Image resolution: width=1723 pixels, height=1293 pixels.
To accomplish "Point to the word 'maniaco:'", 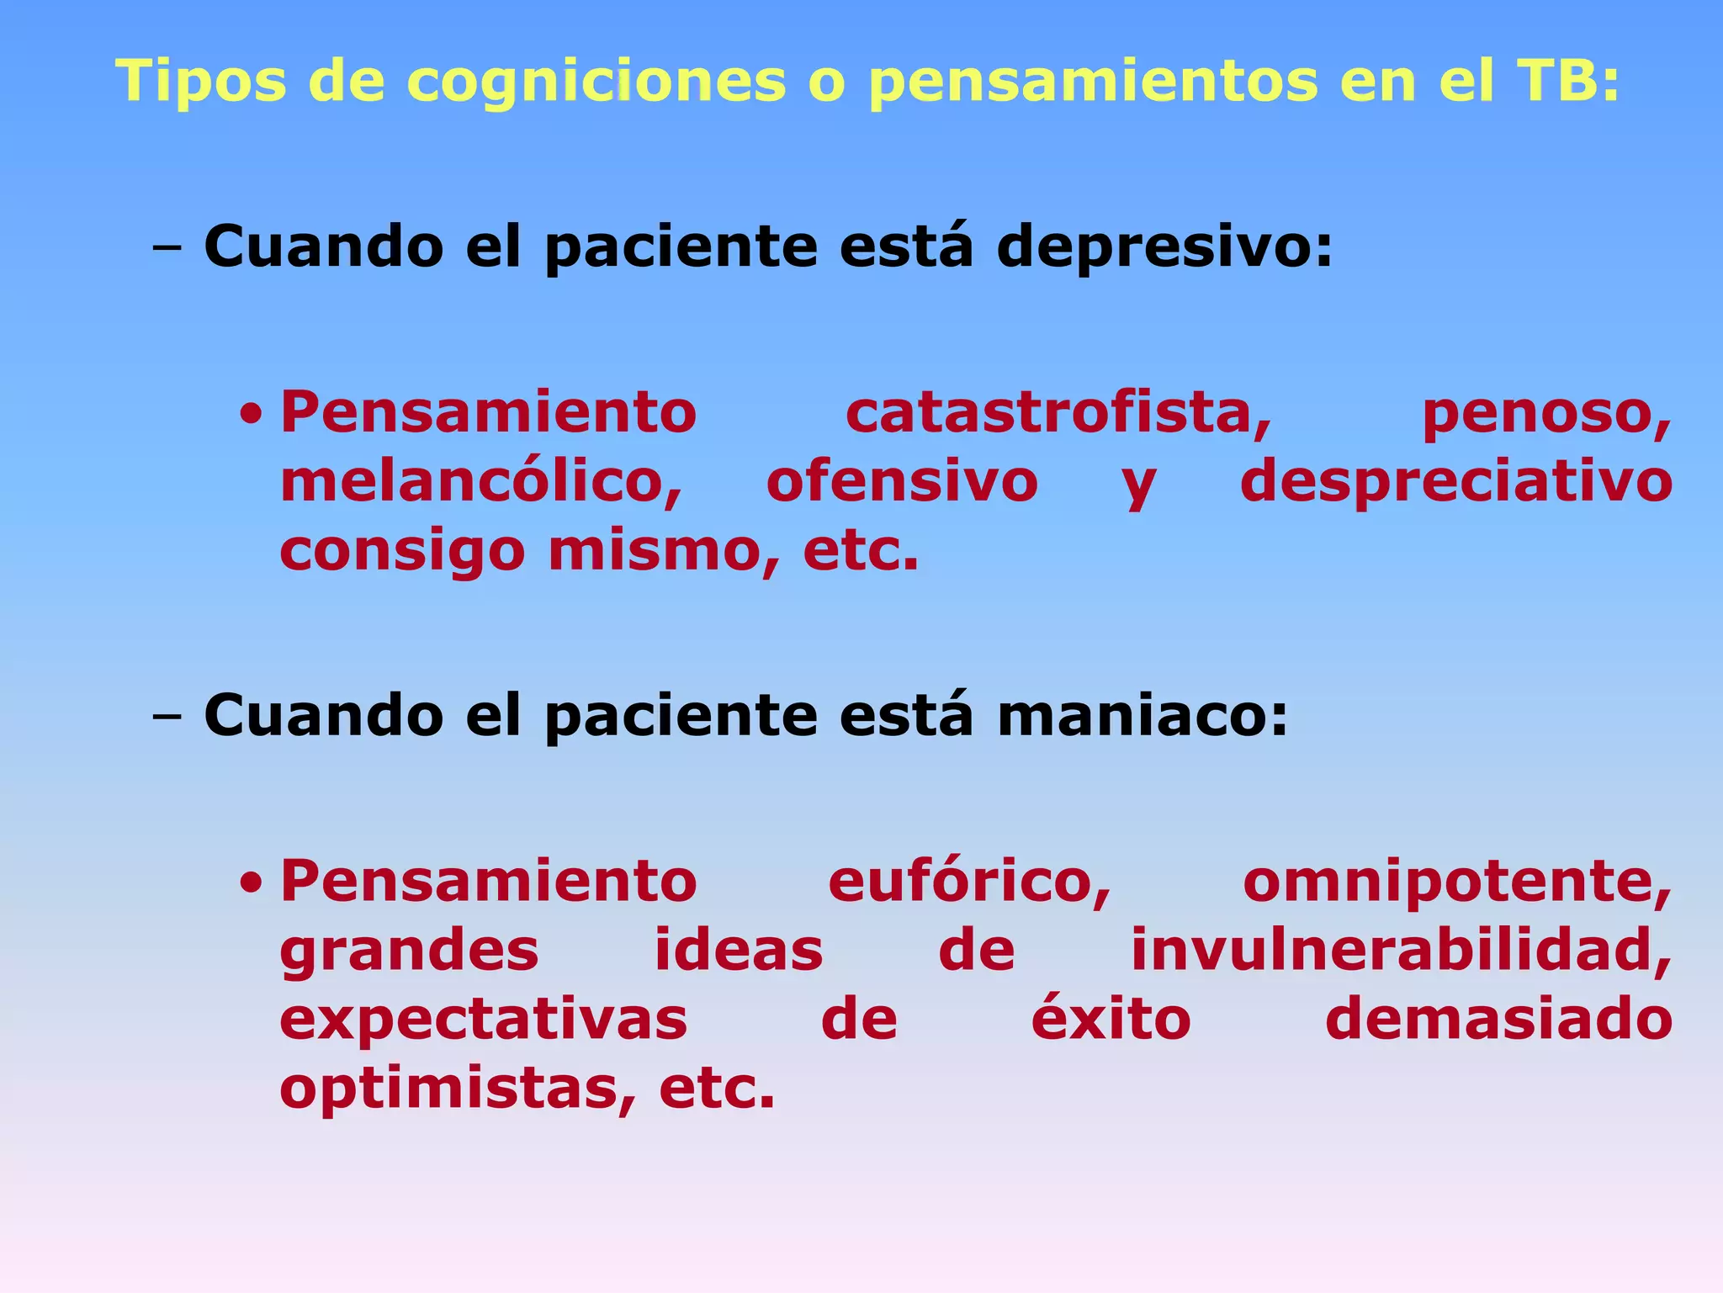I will [1142, 716].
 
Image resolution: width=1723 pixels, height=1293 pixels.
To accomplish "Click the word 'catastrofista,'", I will [1058, 413].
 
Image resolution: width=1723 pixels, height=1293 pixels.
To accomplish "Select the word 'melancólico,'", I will [481, 482].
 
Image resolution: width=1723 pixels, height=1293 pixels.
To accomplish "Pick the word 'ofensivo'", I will [902, 482].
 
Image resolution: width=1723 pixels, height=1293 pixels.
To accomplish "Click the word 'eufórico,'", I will [969, 882].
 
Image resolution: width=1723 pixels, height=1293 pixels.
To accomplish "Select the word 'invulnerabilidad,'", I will [1401, 951].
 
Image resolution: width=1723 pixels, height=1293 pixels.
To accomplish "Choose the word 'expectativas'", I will [484, 1021].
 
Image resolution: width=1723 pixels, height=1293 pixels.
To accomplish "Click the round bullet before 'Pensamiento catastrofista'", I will [250, 415].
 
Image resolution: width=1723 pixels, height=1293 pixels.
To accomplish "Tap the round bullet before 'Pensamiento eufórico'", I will [250, 883].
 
